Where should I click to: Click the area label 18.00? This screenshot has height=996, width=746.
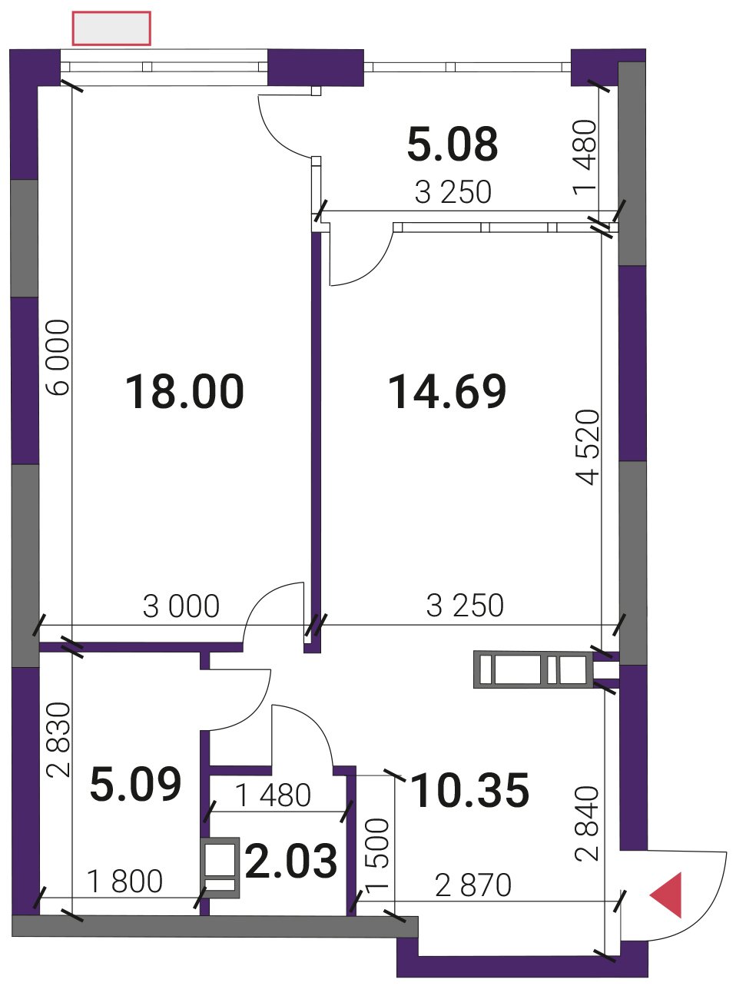coord(184,392)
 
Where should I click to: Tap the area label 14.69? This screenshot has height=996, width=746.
coord(447,392)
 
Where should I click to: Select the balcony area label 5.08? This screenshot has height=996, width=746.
coord(453,144)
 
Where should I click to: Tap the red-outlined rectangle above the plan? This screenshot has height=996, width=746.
coord(111,28)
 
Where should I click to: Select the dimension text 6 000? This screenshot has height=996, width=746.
coord(59,357)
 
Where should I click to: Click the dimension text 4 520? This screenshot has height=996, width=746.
coord(588,447)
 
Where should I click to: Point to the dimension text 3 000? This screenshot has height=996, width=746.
coord(181,606)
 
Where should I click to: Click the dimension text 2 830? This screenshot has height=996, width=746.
coord(59,740)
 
